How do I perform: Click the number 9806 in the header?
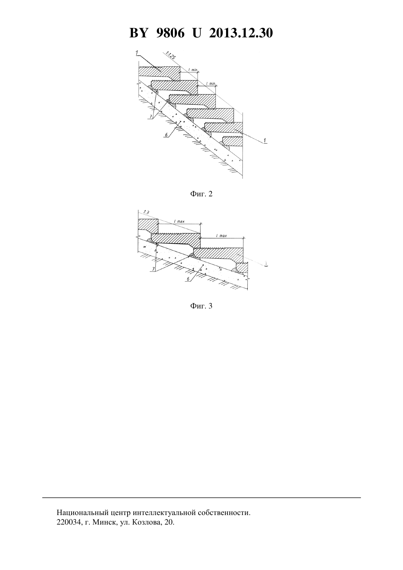point(170,33)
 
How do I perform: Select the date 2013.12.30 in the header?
point(241,33)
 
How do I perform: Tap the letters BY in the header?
point(138,33)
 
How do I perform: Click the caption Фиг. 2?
point(201,194)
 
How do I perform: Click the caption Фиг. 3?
point(201,306)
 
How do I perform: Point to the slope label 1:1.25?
point(170,55)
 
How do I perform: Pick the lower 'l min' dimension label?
point(211,84)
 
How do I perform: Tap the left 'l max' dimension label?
point(179,221)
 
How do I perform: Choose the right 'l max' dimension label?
point(221,236)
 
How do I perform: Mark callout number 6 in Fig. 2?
point(166,134)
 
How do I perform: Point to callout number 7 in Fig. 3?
point(154,269)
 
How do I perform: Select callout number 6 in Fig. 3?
point(188,279)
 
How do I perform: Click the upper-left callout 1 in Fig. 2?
point(137,53)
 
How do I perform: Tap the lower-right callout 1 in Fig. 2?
point(265,140)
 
